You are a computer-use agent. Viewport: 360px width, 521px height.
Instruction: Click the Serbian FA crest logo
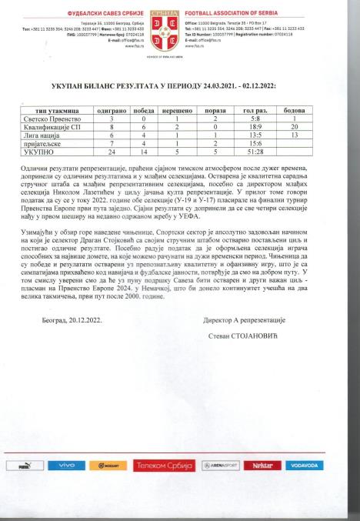click(x=179, y=27)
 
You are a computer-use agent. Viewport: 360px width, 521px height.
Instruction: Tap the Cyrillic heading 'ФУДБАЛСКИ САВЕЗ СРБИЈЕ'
click(x=104, y=13)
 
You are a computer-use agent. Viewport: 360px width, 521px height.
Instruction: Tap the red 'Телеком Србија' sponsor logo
click(x=164, y=466)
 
